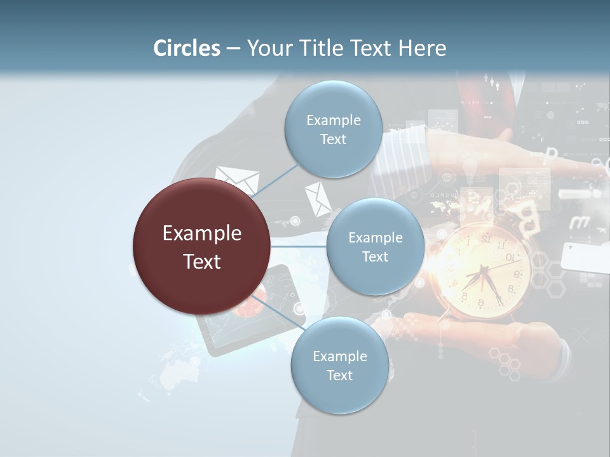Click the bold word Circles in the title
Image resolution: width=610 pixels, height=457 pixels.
[186, 48]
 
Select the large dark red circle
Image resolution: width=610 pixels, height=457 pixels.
[201, 246]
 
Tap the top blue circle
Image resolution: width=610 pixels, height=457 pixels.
[333, 129]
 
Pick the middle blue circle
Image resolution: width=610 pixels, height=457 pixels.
[375, 247]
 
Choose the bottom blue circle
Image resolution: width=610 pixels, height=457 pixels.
[339, 366]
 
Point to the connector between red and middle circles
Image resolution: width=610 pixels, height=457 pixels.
[298, 246]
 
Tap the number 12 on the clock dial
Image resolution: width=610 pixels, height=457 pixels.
[486, 239]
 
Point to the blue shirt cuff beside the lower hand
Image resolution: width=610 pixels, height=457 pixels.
[562, 359]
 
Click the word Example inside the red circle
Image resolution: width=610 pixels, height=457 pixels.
[201, 234]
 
